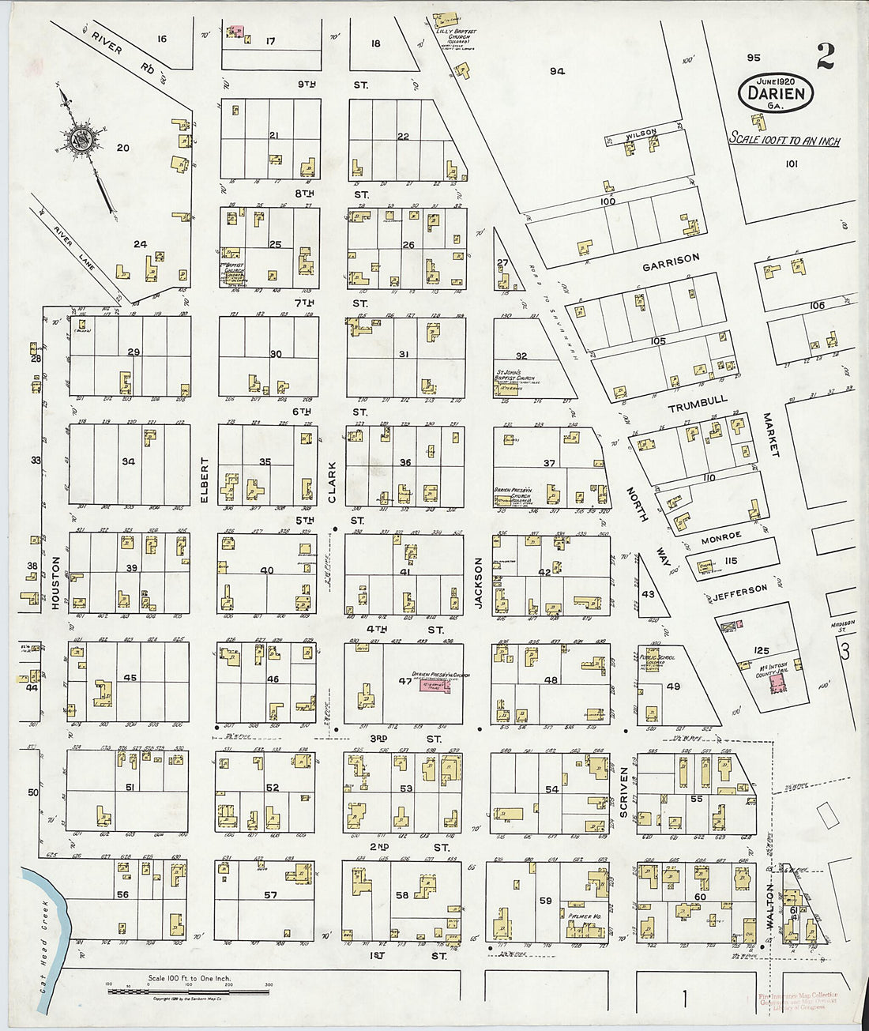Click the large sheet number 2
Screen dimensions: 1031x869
tap(826, 57)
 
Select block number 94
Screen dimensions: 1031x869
tap(558, 71)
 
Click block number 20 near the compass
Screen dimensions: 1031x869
tap(122, 148)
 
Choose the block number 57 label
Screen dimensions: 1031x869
tap(271, 894)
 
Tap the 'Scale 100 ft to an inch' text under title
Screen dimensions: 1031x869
tap(784, 141)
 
